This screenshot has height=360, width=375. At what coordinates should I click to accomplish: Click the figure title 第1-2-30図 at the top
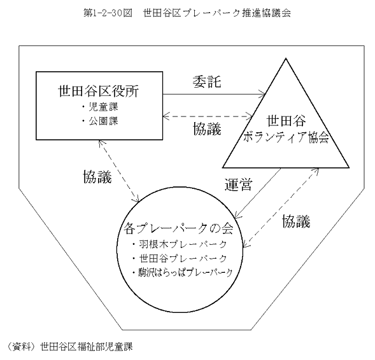(x=108, y=13)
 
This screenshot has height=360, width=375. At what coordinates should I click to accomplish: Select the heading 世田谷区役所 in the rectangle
(x=99, y=91)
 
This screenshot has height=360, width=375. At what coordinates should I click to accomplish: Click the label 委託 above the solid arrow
(x=207, y=81)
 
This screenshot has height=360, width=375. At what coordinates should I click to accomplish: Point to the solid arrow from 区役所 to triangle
(x=214, y=94)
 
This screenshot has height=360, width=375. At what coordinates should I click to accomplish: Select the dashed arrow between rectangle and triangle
(x=208, y=116)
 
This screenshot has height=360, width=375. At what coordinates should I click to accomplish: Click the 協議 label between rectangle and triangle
(x=207, y=129)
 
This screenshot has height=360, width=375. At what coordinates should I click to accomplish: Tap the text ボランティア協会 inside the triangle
(x=286, y=137)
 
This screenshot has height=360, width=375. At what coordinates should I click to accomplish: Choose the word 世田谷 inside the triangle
(x=287, y=121)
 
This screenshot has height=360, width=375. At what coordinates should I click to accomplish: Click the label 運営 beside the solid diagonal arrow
(x=239, y=184)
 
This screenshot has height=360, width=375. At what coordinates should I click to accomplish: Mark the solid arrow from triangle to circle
(x=258, y=193)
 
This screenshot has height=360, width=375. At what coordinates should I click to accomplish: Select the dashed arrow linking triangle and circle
(x=281, y=207)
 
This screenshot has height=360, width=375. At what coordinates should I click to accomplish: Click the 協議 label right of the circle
(x=296, y=221)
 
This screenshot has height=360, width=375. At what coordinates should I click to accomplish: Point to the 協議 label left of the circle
(x=97, y=177)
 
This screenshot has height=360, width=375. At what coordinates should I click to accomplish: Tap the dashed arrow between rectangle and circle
(x=118, y=171)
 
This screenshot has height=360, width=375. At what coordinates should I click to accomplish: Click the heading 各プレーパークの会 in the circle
(x=178, y=229)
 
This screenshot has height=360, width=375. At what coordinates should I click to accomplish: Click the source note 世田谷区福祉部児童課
(x=86, y=347)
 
